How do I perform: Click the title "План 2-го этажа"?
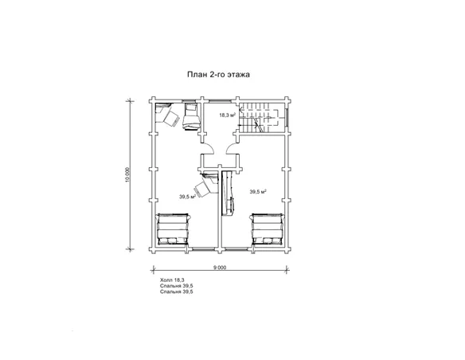coord(218,74)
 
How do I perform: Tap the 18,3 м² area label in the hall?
coord(228,115)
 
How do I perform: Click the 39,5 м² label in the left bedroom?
coord(187,196)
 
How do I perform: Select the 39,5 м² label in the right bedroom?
coord(258,192)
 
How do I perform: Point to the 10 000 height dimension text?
coord(127,175)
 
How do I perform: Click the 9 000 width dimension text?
coord(220,268)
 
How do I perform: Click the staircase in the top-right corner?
coord(260,119)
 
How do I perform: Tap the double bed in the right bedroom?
coord(268,229)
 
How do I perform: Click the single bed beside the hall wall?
coord(191,116)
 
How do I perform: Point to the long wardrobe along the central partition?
coord(229,193)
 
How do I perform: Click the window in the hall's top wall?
coord(220,100)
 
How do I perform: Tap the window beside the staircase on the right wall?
coord(287,118)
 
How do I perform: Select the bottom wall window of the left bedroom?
coord(202,249)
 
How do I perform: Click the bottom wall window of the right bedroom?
coord(236,249)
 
